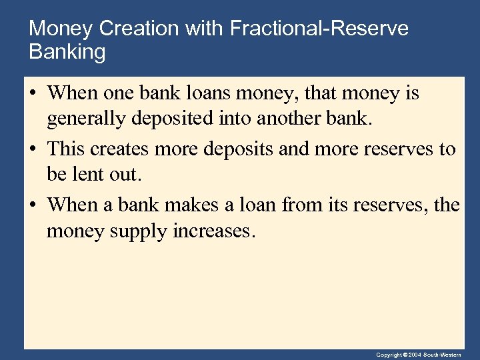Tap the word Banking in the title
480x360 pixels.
(x=67, y=52)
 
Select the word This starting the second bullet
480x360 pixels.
(x=67, y=149)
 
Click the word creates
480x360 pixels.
(x=121, y=149)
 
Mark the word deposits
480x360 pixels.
(x=241, y=149)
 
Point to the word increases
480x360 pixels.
(x=214, y=232)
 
